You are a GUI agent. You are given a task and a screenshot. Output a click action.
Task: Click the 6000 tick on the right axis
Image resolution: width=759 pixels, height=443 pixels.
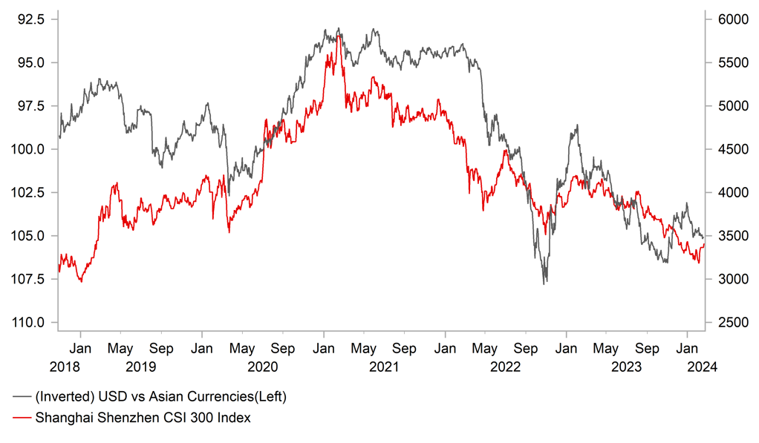pyautogui.click(x=729, y=19)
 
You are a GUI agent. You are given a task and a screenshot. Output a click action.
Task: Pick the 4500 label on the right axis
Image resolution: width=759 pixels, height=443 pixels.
pyautogui.click(x=729, y=149)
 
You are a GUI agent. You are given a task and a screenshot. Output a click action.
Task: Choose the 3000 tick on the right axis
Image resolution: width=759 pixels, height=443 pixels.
pyautogui.click(x=729, y=279)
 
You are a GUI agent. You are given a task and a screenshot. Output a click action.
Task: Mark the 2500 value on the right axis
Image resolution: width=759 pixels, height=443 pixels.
pyautogui.click(x=729, y=323)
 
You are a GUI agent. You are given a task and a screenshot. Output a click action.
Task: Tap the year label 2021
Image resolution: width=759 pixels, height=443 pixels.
pyautogui.click(x=383, y=367)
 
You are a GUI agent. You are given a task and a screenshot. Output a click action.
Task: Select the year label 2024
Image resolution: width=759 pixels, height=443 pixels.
pyautogui.click(x=702, y=367)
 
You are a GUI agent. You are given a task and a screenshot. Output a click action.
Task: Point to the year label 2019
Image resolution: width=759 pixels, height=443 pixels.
pyautogui.click(x=140, y=367)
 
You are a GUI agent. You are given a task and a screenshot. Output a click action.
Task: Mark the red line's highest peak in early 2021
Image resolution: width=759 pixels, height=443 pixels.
pyautogui.click(x=339, y=36)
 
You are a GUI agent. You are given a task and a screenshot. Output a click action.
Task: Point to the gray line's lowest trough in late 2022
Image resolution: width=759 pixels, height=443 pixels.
pyautogui.click(x=544, y=283)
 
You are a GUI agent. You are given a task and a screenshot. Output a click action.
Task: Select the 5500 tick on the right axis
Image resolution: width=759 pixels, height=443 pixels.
pyautogui.click(x=729, y=62)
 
